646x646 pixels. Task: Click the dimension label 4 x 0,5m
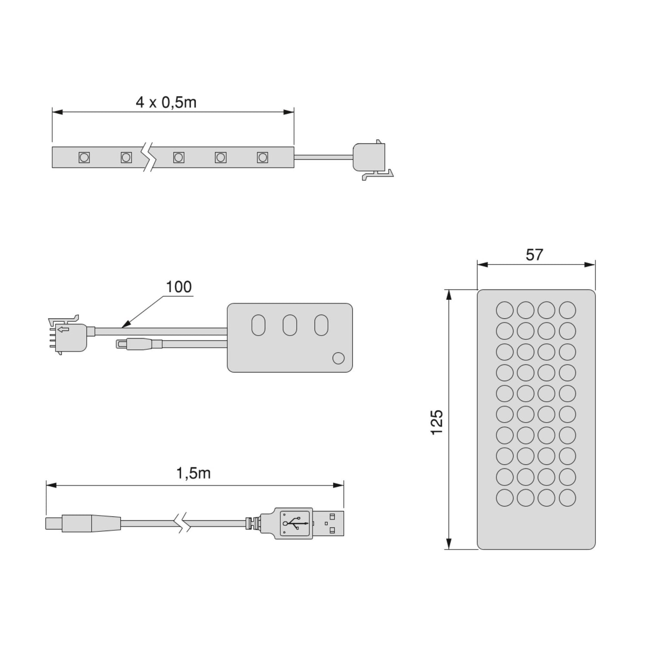click(166, 102)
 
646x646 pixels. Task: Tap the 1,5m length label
click(193, 473)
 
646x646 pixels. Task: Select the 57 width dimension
click(534, 255)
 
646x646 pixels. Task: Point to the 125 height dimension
click(437, 422)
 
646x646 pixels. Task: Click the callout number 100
click(179, 287)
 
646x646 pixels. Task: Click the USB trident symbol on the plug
click(295, 523)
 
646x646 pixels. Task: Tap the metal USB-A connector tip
click(329, 523)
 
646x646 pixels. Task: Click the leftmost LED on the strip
click(84, 157)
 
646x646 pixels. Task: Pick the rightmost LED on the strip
click(262, 157)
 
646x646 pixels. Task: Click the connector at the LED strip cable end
click(370, 158)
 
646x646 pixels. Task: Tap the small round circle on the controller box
click(339, 358)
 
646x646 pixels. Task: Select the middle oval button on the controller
click(290, 325)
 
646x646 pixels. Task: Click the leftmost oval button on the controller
click(258, 325)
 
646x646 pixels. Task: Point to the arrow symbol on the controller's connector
click(63, 330)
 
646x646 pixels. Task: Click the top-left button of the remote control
click(504, 310)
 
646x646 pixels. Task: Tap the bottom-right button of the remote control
click(567, 498)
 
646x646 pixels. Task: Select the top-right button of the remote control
click(567, 310)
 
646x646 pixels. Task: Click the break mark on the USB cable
click(183, 523)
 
